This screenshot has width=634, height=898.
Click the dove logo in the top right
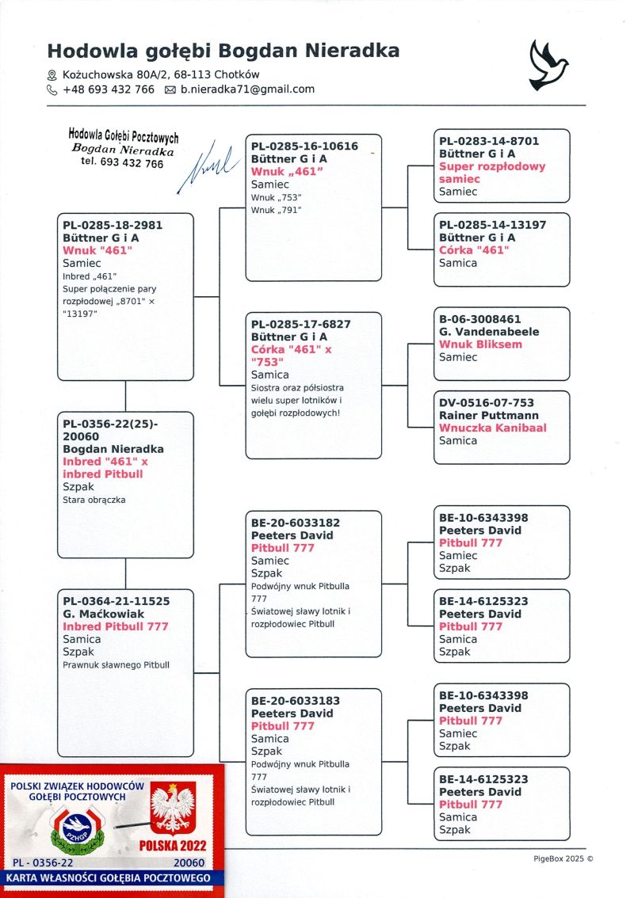point(548,65)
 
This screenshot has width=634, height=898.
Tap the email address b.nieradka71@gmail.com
point(247,89)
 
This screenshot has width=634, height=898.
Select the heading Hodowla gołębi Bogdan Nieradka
point(223,51)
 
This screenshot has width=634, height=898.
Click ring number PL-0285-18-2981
point(113,225)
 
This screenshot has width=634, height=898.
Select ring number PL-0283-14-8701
point(489,141)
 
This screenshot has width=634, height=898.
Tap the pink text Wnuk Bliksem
point(480,344)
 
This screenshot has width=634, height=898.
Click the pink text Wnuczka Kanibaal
point(493,428)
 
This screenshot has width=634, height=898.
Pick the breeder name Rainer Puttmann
point(489,415)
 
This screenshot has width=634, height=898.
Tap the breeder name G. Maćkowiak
point(105,614)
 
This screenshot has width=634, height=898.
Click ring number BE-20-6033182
point(296,523)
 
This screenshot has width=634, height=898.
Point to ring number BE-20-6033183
point(296,701)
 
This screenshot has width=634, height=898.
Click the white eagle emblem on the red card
point(173,808)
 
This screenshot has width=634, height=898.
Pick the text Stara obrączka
point(94,500)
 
